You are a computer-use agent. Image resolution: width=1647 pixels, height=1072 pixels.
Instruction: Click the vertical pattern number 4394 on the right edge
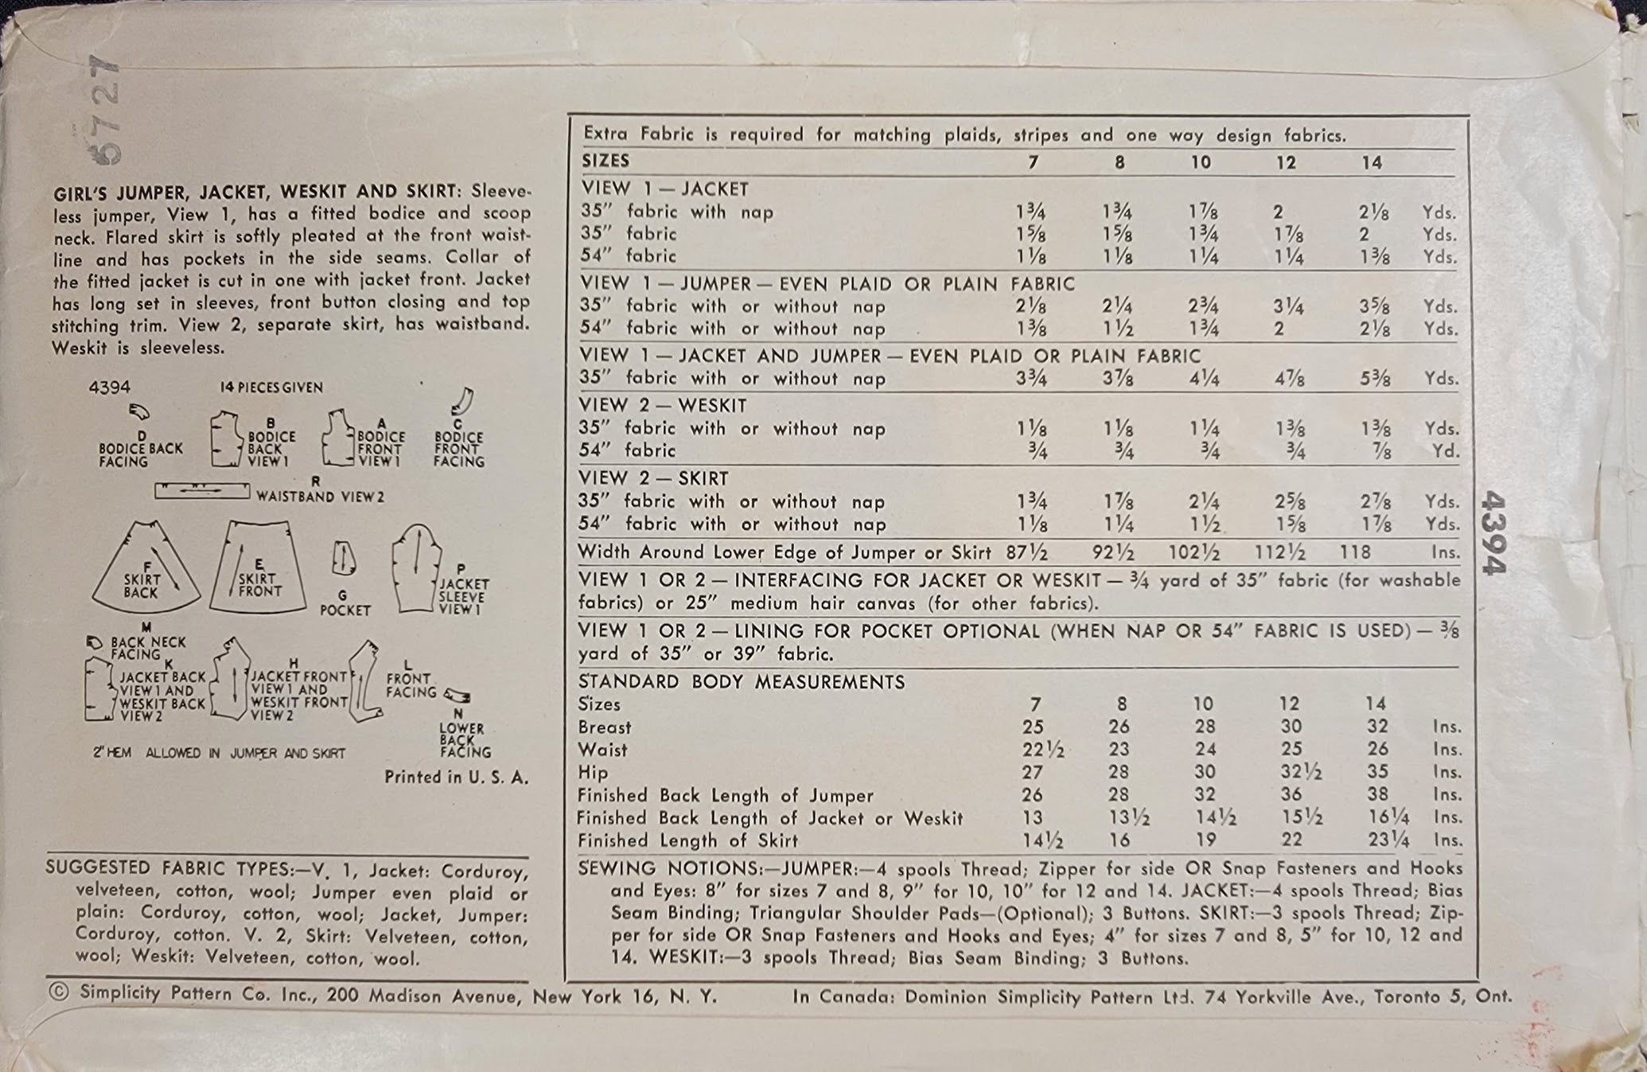click(1494, 532)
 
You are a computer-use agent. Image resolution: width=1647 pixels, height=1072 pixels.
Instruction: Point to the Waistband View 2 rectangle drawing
click(202, 491)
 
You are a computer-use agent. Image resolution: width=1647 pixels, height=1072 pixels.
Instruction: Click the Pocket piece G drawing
click(343, 558)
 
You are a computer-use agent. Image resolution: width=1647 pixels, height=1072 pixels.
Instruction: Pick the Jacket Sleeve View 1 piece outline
click(416, 568)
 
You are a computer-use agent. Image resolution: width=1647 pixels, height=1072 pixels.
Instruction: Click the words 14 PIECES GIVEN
click(271, 388)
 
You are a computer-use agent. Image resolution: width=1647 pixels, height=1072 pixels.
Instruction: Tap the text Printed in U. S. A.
click(456, 778)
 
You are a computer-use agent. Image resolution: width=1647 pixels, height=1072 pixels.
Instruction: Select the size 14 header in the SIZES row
click(1372, 163)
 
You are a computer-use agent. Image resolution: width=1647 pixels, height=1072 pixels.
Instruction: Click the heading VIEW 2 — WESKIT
click(663, 405)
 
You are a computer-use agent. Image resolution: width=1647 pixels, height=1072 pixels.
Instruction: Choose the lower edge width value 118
click(1355, 552)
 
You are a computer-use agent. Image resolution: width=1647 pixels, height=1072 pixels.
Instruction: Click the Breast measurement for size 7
click(1033, 727)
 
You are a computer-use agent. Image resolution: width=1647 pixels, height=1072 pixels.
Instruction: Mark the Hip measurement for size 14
click(1377, 771)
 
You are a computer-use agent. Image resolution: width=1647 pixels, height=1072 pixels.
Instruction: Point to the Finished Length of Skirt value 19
click(1205, 840)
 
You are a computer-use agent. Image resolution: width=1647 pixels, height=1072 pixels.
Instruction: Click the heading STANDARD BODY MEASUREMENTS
click(742, 682)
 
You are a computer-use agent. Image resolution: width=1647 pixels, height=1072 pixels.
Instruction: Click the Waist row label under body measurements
click(602, 750)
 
